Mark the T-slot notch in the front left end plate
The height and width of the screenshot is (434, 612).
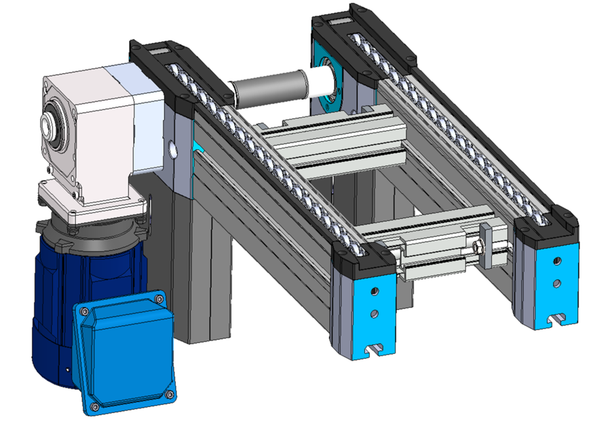373,349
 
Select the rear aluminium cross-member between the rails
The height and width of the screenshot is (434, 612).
332,139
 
